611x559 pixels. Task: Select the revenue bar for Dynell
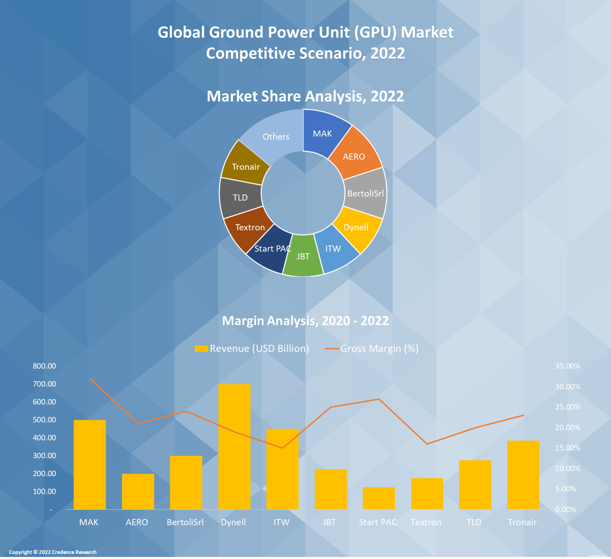coord(234,446)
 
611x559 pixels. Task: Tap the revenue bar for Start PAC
coord(378,498)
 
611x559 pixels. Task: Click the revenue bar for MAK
coord(90,464)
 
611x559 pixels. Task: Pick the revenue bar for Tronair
coord(523,475)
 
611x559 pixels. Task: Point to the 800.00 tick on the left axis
coord(45,366)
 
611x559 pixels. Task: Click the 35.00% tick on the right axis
coord(567,366)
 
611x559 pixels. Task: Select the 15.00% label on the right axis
coord(567,448)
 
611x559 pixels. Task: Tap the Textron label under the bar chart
coord(426,522)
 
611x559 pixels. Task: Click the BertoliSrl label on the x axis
coord(185,522)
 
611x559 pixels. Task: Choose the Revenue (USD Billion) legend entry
coord(252,349)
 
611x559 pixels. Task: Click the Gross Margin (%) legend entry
coord(372,349)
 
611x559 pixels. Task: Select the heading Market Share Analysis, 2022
coord(305,96)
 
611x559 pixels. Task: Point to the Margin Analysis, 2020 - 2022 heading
coord(305,321)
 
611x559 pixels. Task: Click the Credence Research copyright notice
coord(53,552)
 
